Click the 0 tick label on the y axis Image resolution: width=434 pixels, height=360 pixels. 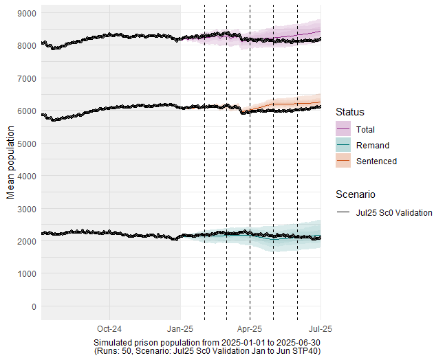tap(34, 306)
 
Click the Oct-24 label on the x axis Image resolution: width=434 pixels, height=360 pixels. tap(109, 328)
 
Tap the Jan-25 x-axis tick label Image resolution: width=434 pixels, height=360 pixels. tap(181, 328)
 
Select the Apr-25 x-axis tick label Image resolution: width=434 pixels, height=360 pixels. tap(250, 328)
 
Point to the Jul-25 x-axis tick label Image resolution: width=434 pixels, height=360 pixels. tap(321, 328)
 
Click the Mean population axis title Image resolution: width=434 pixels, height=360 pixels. tap(10, 162)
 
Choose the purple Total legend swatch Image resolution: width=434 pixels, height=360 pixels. tap(343, 129)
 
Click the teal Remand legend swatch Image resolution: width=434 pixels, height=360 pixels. tap(343, 145)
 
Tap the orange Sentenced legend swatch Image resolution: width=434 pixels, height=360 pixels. tap(343, 161)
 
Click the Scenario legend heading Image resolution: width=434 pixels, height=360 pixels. tap(355, 194)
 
